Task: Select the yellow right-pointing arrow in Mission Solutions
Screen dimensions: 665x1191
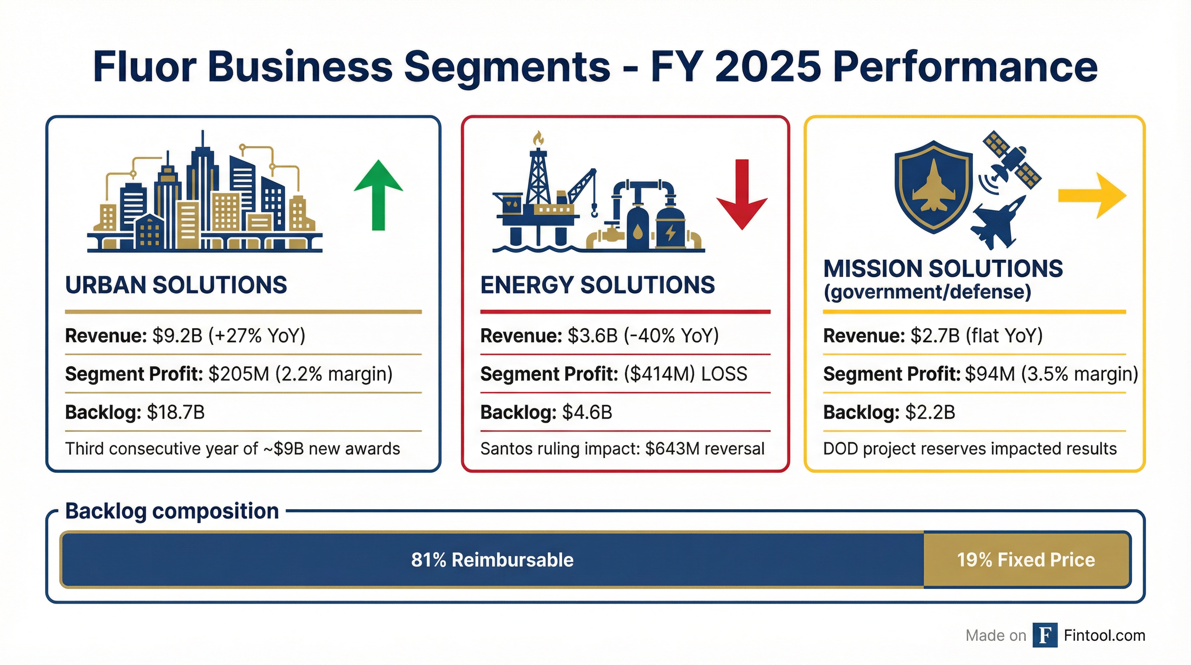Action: tap(1092, 196)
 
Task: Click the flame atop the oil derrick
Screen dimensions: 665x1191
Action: tap(538, 138)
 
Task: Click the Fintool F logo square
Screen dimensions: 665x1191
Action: tap(1045, 636)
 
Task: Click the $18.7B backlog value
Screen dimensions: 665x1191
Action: tap(176, 412)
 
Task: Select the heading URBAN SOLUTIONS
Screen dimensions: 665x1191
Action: tap(176, 285)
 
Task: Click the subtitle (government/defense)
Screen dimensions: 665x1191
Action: tap(927, 292)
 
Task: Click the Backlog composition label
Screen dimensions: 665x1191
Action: tap(172, 511)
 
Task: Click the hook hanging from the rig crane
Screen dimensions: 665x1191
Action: tap(594, 211)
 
